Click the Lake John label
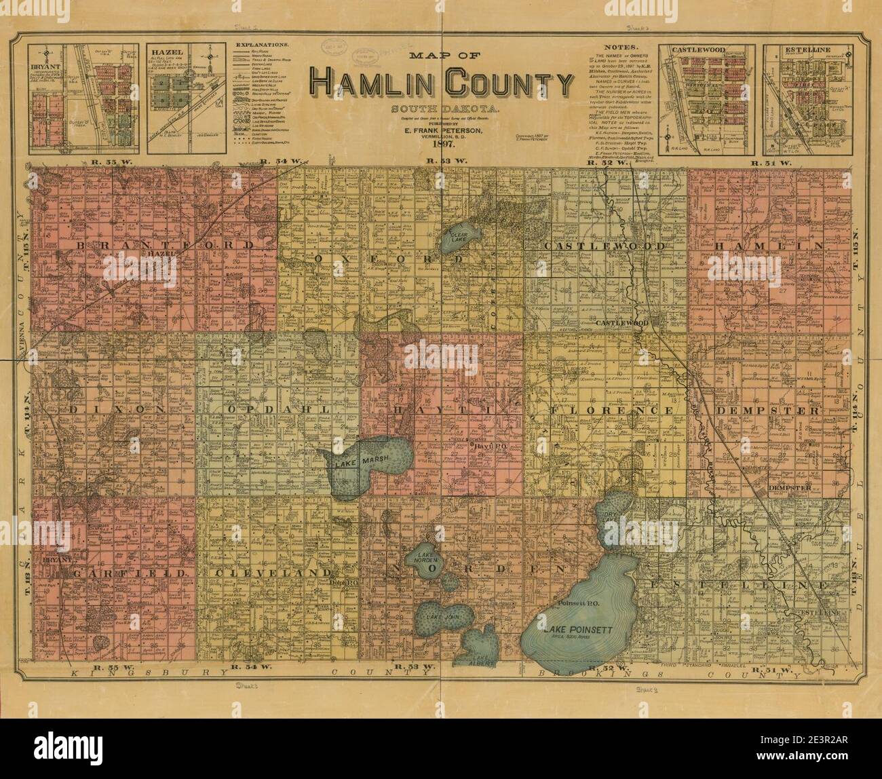pos(438,616)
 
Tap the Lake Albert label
pos(479,657)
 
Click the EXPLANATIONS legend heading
pos(261,45)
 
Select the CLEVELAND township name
pos(267,573)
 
